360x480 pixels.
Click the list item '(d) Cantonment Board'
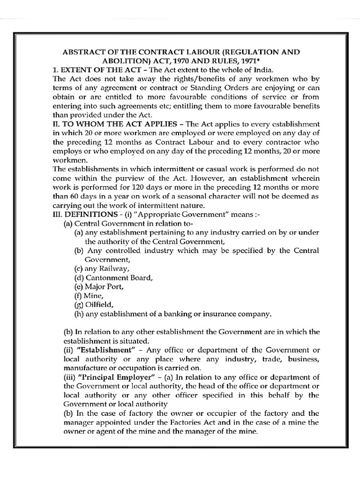[x=113, y=277]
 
